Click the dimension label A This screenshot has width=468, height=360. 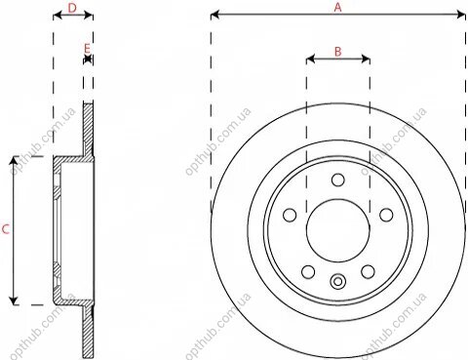coord(338,7)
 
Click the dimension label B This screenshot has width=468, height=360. coord(338,52)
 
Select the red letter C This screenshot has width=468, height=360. coord(6,229)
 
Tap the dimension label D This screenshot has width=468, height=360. coord(72,8)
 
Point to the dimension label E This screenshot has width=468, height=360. coord(87,49)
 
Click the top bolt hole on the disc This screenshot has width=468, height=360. coord(338,180)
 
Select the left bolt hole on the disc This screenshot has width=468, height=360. coord(290,215)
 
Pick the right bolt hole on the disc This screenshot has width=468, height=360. coord(386,215)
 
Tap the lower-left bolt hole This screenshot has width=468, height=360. coord(308,271)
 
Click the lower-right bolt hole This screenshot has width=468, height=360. coord(368,271)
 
